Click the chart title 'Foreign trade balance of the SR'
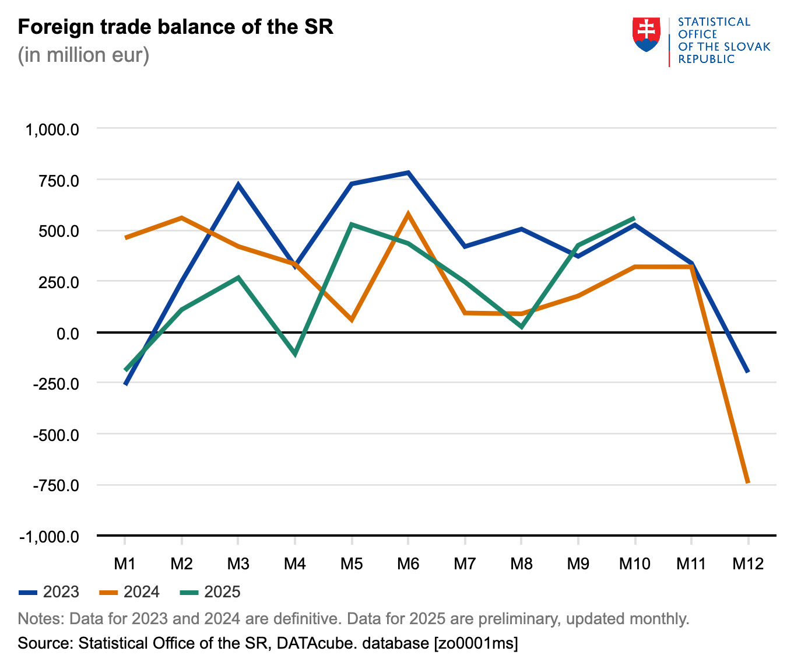175,27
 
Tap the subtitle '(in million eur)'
83,55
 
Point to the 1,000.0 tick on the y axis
52,129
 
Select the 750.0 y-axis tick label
56,180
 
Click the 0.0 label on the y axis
68,333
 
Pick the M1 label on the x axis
125,563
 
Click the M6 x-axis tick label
408,563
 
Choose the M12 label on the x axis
748,563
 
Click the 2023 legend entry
49,592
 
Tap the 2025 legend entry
210,592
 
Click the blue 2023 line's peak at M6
409,173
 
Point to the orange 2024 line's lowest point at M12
748,482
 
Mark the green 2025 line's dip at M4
295,353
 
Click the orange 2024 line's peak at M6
408,214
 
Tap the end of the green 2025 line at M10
634,218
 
